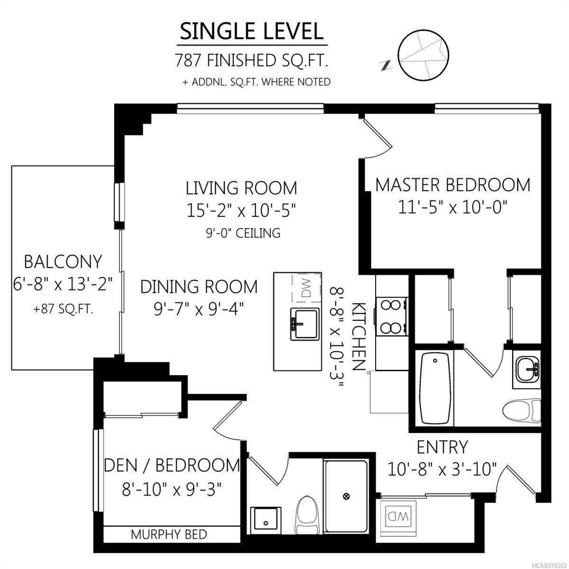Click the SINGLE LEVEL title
pos(252,32)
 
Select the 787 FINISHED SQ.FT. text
pos(252,60)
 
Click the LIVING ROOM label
pos(241,188)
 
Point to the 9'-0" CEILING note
pos(243,233)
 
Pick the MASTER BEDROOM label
pos(453,184)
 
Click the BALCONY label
pos(63,262)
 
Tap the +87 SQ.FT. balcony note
pos(64,310)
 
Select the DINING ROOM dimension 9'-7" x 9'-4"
pos(199,310)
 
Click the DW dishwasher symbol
pos(306,288)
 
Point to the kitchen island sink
pos(305,324)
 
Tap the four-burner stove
pos(392,316)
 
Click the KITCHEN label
pos(359,336)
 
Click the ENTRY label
pos(442,447)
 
